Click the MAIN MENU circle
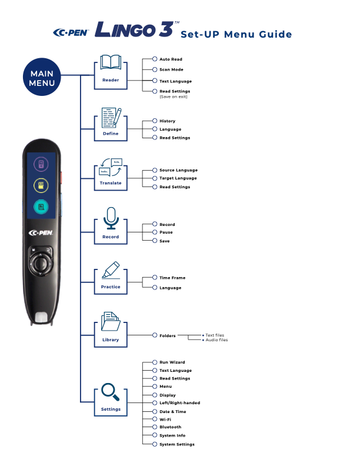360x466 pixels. point(42,78)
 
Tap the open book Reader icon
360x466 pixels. point(110,63)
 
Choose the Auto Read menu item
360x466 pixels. point(171,59)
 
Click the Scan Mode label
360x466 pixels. point(171,69)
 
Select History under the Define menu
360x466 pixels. point(167,121)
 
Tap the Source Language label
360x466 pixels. point(178,170)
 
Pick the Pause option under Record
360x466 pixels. point(166,232)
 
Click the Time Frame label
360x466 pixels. point(172,277)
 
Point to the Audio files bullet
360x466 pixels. point(216,340)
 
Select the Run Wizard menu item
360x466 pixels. point(172,362)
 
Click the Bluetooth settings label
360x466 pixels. point(170,427)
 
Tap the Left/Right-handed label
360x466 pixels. point(179,403)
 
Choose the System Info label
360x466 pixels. point(172,435)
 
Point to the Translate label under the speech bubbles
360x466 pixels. point(110,183)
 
